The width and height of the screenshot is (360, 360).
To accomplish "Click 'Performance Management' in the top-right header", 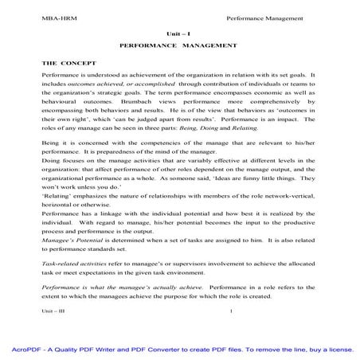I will (264, 17).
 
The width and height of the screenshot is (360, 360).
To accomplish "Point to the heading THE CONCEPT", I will (68, 61).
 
